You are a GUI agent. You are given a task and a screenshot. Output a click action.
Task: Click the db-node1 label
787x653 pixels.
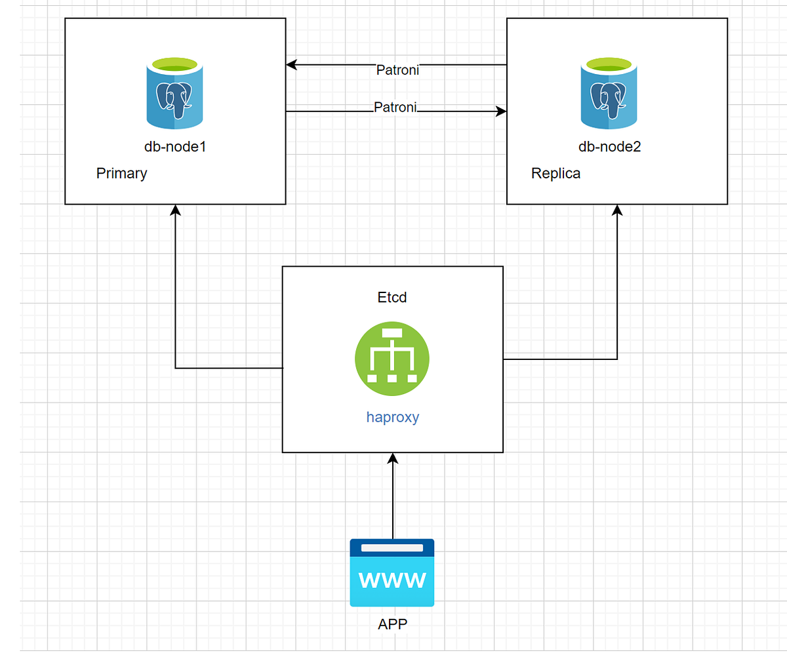175,147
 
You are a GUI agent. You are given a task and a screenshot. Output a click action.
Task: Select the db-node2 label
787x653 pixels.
609,147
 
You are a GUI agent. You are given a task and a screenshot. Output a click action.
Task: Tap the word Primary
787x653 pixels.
121,174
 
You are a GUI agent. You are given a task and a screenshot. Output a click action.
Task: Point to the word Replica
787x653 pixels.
555,174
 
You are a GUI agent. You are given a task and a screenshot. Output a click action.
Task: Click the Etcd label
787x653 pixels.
392,297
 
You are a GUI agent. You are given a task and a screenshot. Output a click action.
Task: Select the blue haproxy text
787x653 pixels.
392,417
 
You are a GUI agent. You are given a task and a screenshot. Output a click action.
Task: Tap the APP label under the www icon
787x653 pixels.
392,624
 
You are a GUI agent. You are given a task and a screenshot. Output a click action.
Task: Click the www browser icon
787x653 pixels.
392,572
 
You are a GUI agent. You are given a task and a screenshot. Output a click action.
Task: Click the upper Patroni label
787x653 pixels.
397,70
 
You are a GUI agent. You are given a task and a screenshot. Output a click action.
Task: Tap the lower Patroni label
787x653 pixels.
395,107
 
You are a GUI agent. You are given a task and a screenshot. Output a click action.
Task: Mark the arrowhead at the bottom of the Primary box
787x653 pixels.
175,210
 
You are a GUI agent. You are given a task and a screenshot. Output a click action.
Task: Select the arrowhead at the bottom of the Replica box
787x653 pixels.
617,210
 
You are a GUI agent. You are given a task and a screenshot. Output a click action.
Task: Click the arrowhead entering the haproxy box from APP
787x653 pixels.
393,458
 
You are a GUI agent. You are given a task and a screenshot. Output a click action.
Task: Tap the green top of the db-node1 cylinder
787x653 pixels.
174,64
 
